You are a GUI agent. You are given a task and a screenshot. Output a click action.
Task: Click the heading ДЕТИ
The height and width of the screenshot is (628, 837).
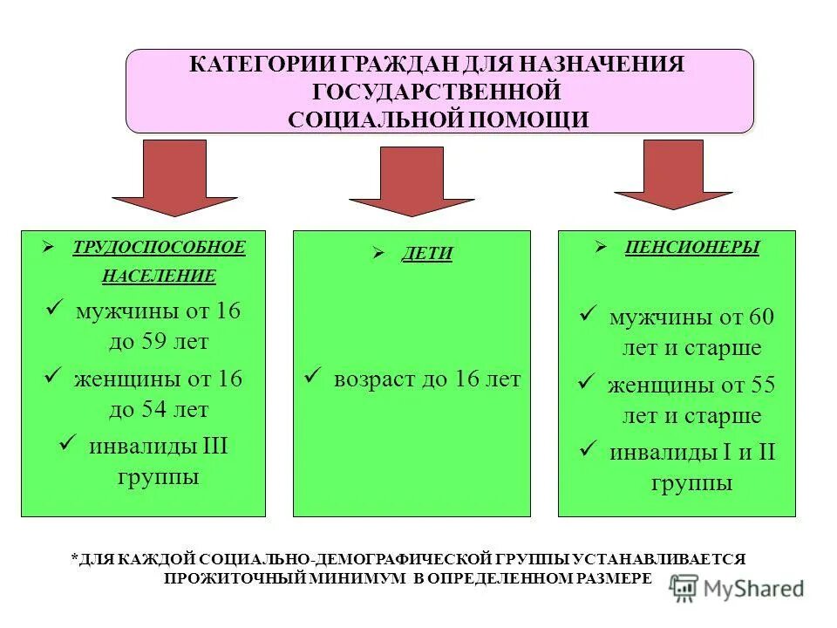426,254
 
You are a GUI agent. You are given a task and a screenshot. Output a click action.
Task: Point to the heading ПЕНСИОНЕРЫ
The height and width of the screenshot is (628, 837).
691,248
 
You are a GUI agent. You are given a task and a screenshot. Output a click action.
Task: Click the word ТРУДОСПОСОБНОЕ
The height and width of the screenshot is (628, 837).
159,248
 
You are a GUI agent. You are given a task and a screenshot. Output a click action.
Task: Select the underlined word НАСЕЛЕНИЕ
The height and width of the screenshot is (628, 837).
159,276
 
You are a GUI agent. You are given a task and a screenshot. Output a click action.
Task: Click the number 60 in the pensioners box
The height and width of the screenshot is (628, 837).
760,317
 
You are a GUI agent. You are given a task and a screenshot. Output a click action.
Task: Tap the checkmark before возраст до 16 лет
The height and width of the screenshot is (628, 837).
314,377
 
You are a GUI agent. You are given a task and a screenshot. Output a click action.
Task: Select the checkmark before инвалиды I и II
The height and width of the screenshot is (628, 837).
589,450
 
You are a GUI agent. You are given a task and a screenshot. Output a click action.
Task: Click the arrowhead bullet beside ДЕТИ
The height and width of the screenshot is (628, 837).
378,253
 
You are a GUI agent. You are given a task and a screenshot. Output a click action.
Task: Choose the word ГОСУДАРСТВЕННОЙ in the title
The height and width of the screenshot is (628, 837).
436,92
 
